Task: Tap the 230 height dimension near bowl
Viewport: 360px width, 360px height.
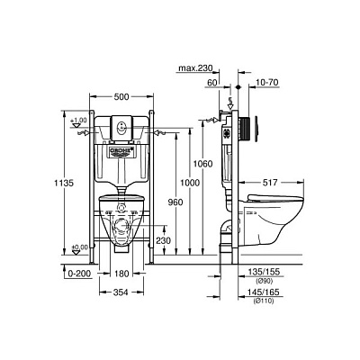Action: click(x=162, y=240)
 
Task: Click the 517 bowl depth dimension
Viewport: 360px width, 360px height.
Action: click(x=275, y=184)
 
